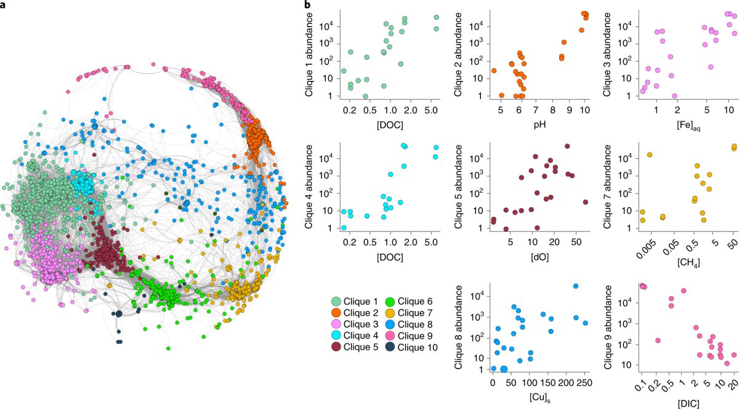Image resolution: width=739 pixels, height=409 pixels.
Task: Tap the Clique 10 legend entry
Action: [414, 347]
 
